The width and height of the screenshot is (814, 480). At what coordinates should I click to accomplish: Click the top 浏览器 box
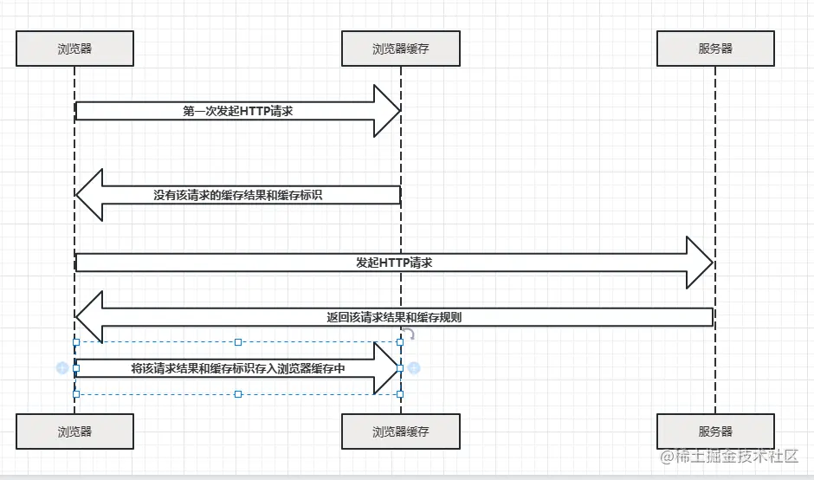coord(74,49)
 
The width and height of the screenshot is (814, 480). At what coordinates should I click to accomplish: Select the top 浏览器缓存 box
coord(400,49)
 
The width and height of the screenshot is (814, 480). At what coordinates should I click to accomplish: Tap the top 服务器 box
coord(715,49)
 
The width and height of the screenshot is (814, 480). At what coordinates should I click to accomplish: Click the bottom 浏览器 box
coord(74,431)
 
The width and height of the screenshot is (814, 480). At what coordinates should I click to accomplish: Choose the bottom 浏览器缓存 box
coord(400,431)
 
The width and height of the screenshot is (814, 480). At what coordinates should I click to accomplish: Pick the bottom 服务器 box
coord(715,431)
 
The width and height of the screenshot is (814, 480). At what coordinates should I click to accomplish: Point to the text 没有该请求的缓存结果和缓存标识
coord(238,195)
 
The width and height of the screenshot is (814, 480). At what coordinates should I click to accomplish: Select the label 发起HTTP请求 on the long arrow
coord(394,263)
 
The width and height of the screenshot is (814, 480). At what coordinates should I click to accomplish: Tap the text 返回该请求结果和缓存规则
coord(394,317)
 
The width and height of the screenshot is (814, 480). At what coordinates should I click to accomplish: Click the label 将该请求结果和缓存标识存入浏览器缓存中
coord(238,368)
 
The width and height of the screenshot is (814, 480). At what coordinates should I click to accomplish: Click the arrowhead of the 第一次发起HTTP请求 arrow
coord(386,111)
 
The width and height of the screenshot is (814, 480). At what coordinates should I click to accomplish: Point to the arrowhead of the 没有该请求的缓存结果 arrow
coord(90,195)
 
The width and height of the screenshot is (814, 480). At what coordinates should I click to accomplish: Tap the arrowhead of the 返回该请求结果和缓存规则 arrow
coord(90,317)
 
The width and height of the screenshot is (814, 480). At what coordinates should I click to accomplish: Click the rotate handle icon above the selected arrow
coord(410,334)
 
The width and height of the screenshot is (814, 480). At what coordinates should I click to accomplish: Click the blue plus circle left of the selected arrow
coord(62,368)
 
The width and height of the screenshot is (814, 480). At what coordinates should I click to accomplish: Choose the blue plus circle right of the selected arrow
coord(414,368)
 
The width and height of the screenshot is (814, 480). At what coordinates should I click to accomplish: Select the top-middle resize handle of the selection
coord(238,342)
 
